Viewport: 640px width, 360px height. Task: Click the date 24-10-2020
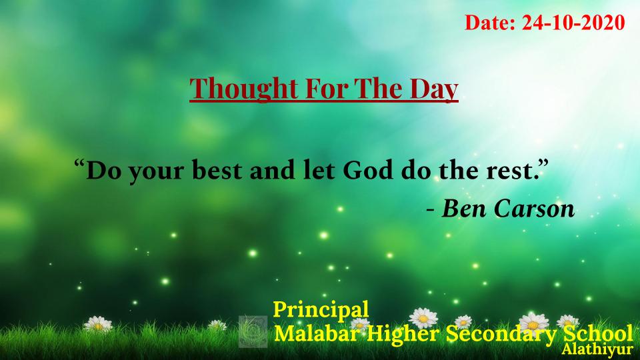click(573, 23)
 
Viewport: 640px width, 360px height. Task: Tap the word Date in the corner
click(488, 23)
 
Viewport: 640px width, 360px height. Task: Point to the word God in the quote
click(368, 170)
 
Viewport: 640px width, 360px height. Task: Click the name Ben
click(464, 209)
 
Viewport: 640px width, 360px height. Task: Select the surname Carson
click(534, 209)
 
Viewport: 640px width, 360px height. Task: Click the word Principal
click(321, 310)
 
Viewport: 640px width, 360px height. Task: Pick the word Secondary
click(501, 334)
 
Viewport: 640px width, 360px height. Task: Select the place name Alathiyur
click(597, 349)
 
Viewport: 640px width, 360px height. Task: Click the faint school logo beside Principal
click(253, 331)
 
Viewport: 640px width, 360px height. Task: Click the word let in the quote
click(319, 170)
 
